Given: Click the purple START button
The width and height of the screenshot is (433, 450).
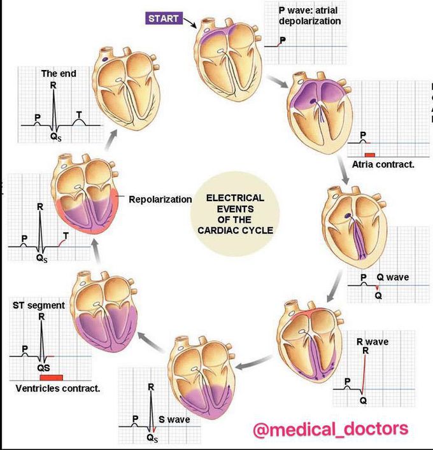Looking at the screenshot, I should click(163, 18).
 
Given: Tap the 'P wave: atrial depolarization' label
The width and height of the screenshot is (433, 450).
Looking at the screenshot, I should click(309, 16).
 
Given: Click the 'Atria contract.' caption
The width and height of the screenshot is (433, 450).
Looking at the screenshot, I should click(383, 164).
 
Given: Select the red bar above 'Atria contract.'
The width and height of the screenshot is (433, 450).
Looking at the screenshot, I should click(369, 154).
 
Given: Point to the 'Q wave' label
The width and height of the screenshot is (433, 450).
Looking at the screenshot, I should click(393, 278).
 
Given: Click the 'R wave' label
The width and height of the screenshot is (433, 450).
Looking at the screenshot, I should click(373, 342).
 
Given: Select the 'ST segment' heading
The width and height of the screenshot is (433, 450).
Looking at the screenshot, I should click(39, 305).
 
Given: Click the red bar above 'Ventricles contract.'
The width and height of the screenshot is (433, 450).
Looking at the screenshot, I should click(50, 377).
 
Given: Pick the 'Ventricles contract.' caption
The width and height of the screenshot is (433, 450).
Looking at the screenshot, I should click(57, 388).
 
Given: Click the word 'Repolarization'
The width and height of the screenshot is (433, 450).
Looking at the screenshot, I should click(160, 199).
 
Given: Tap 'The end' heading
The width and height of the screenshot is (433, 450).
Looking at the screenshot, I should click(59, 74).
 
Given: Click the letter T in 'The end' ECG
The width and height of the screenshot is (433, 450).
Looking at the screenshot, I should click(79, 115).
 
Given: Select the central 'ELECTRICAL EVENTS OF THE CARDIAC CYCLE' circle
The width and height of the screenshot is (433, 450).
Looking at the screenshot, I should click(235, 213).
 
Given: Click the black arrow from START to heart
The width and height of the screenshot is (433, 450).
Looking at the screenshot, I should click(189, 23).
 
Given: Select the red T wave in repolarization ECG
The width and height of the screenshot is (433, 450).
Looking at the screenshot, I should click(60, 242).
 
